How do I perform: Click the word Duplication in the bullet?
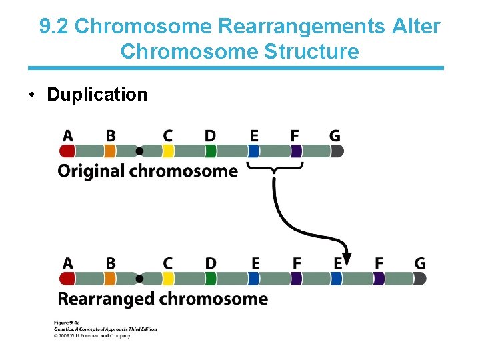click(x=97, y=95)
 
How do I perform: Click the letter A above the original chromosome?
click(x=68, y=136)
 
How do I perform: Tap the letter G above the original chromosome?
click(x=335, y=136)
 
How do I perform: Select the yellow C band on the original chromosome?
click(x=169, y=151)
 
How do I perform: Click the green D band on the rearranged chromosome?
click(x=211, y=279)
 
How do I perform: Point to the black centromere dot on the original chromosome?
click(x=139, y=151)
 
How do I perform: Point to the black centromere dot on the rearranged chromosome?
click(x=139, y=279)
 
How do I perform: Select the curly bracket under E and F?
click(x=275, y=166)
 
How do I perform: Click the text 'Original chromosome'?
click(x=147, y=171)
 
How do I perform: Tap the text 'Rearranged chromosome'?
click(x=163, y=299)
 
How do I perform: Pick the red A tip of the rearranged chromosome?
click(x=67, y=279)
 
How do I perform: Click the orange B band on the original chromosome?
click(x=110, y=151)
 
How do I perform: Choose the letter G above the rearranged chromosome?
click(x=419, y=264)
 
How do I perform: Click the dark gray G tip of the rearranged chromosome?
click(x=419, y=279)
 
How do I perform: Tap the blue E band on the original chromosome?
click(x=253, y=151)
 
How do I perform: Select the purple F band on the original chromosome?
click(x=296, y=151)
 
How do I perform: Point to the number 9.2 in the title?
click(x=54, y=27)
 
